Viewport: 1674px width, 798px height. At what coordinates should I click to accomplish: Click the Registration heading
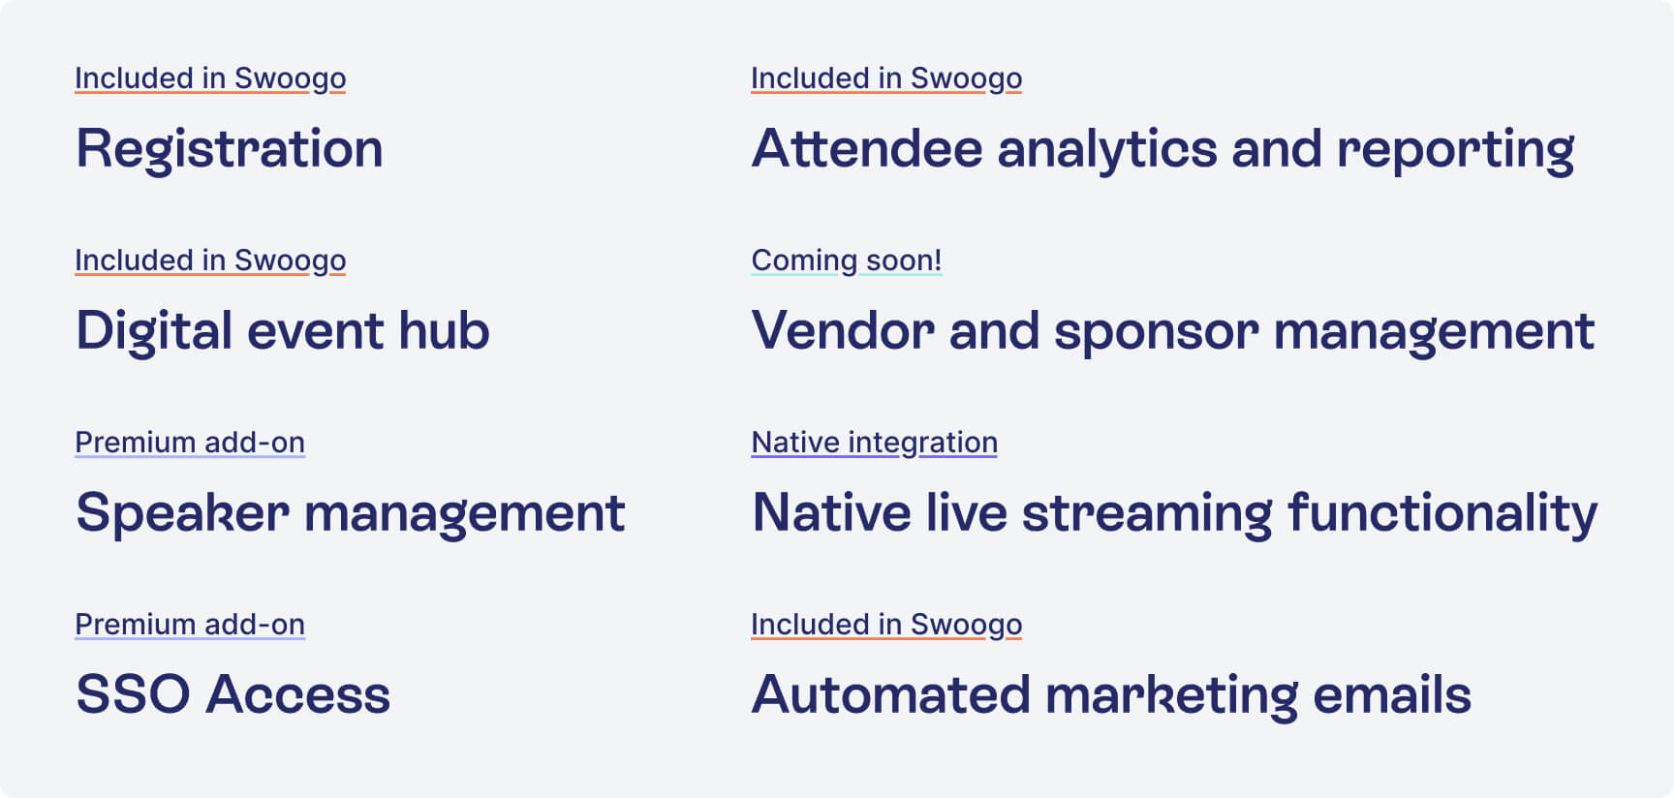coord(230,150)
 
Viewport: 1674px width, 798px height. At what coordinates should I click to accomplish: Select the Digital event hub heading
coord(283,330)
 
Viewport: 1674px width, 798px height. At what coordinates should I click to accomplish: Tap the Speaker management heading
coord(351,513)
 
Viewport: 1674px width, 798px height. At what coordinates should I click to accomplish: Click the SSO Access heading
coord(233,694)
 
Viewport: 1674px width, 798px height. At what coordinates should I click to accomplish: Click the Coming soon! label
coord(847,261)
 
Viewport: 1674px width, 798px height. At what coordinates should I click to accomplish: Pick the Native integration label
coord(875,443)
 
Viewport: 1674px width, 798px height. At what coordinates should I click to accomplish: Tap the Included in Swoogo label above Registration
coord(210,78)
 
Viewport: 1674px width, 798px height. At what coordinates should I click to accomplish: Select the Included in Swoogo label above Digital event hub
coord(210,261)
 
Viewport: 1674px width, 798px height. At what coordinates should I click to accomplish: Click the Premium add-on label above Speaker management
coord(190,443)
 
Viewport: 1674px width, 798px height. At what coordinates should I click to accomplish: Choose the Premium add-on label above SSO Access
coord(190,625)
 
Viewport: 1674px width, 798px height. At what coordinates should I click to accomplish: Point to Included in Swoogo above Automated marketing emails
coord(886,625)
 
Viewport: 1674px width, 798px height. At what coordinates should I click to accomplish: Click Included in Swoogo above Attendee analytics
coord(886,78)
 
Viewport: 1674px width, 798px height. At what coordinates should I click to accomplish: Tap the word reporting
coord(1456,152)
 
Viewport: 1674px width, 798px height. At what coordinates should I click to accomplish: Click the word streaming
coord(1147,515)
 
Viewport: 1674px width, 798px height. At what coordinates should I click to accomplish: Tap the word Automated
coord(891,695)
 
